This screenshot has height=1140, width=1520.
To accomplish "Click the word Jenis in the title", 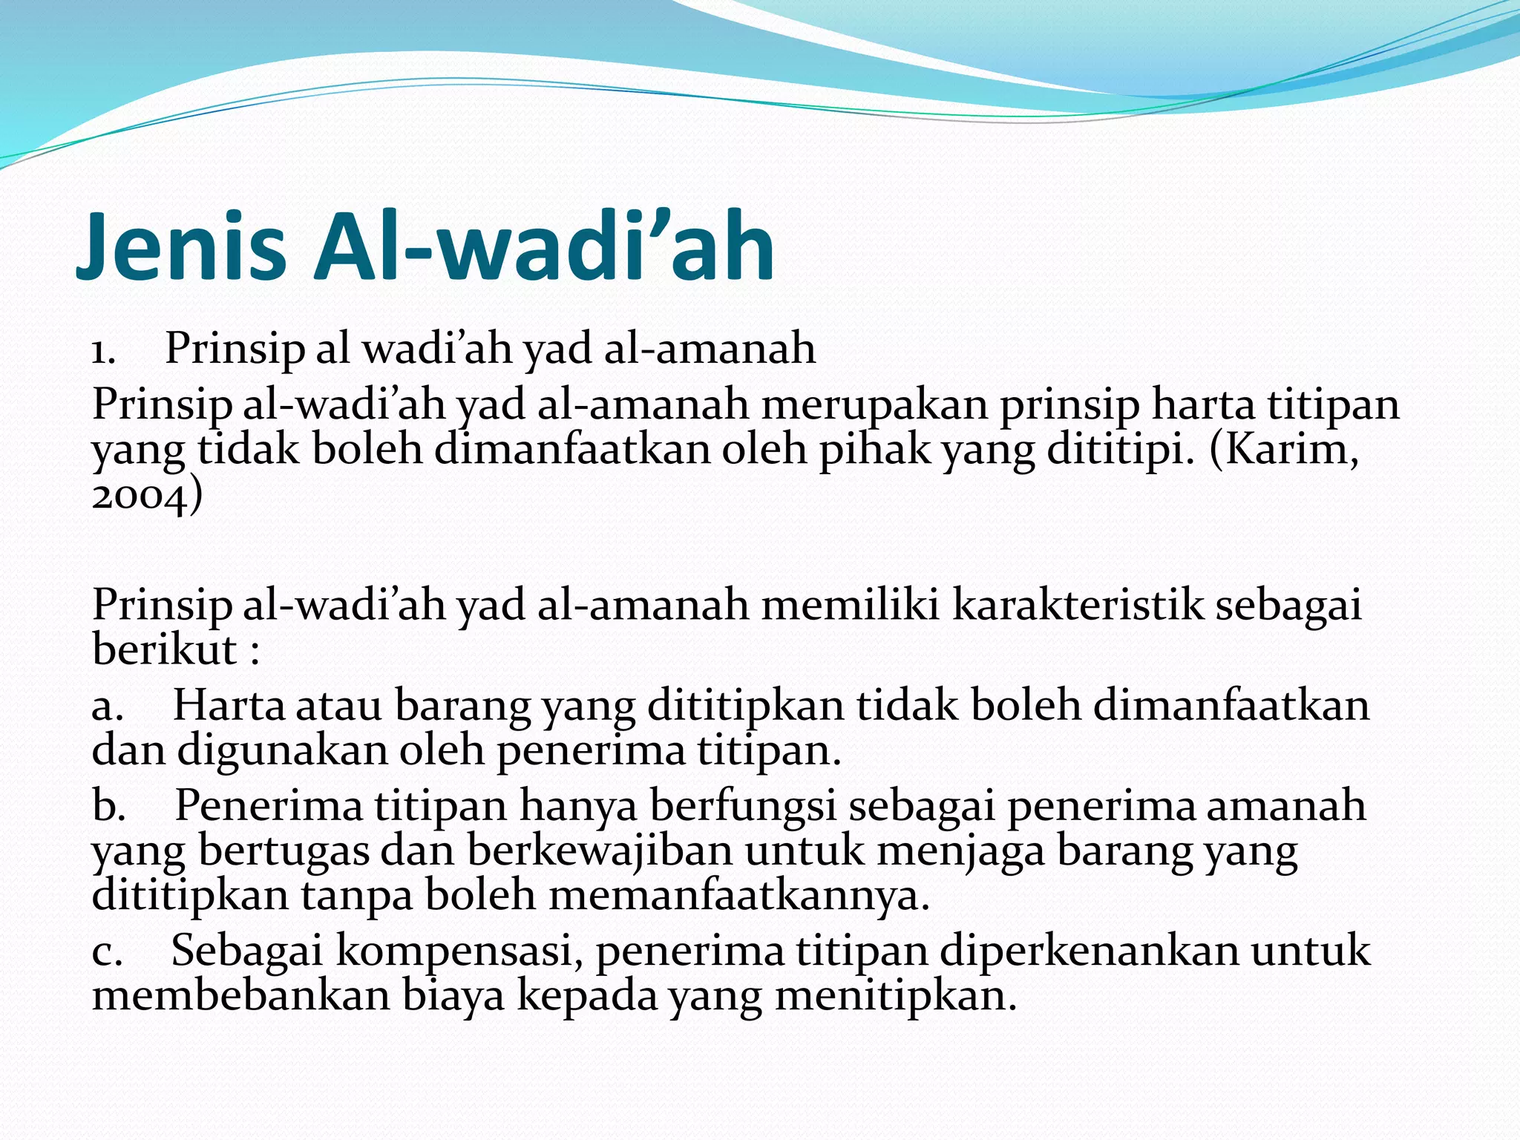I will (x=181, y=246).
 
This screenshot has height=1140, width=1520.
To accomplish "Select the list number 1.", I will (x=102, y=350).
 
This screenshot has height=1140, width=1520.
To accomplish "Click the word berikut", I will (x=165, y=650).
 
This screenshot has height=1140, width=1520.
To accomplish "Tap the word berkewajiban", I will (x=600, y=851).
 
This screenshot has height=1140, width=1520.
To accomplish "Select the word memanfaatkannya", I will (x=738, y=896).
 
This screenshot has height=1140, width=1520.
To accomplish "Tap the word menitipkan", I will (x=895, y=995).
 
